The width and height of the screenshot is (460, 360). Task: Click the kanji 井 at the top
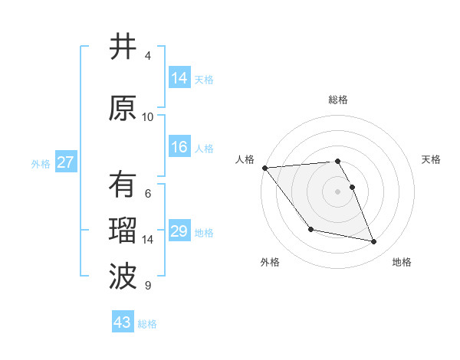122,47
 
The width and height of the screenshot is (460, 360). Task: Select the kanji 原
122,108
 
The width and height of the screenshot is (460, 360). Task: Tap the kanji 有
122,185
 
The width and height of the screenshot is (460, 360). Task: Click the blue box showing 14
179,78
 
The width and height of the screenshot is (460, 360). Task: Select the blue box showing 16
179,148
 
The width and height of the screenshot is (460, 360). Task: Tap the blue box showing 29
179,232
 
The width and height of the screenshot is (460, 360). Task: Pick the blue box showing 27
65,162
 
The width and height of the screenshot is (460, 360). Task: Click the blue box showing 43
122,322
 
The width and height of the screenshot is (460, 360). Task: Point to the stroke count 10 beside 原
148,116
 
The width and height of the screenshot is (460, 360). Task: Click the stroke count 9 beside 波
148,286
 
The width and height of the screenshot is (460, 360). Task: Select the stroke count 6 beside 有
148,193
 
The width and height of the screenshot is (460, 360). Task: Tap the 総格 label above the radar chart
337,100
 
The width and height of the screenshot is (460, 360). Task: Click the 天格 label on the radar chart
431,159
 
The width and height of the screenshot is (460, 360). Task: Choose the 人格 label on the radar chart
245,159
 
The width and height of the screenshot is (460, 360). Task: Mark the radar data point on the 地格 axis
374,242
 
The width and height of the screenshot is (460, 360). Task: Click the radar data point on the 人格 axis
264,168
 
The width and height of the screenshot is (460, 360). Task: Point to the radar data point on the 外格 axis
310,229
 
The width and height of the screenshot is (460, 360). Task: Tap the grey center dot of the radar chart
337,191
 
